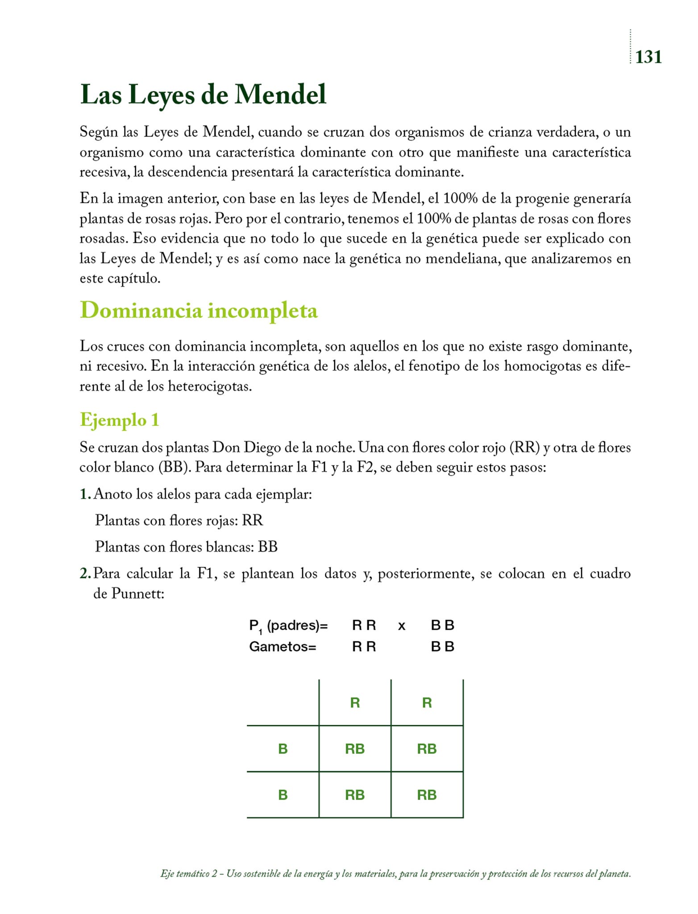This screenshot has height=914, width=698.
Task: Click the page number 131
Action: (648, 57)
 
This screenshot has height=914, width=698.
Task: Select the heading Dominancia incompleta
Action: (199, 310)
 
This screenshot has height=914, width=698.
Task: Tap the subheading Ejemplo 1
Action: (119, 420)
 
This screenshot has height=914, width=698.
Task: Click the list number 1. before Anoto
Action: (85, 494)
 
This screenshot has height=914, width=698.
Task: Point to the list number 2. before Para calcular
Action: (85, 573)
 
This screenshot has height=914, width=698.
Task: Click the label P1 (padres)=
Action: (288, 626)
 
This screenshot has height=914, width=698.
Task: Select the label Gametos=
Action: (283, 646)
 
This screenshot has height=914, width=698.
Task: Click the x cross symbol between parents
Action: (402, 626)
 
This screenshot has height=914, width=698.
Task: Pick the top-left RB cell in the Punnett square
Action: (355, 748)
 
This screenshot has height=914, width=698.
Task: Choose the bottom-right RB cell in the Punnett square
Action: (427, 794)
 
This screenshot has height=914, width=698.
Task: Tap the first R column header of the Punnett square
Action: (355, 703)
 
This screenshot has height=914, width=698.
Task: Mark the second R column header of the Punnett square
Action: (427, 703)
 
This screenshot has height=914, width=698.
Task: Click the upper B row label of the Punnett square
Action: (283, 748)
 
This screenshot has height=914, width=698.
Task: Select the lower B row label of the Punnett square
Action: (283, 794)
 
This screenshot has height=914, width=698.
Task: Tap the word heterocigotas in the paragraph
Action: (210, 386)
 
